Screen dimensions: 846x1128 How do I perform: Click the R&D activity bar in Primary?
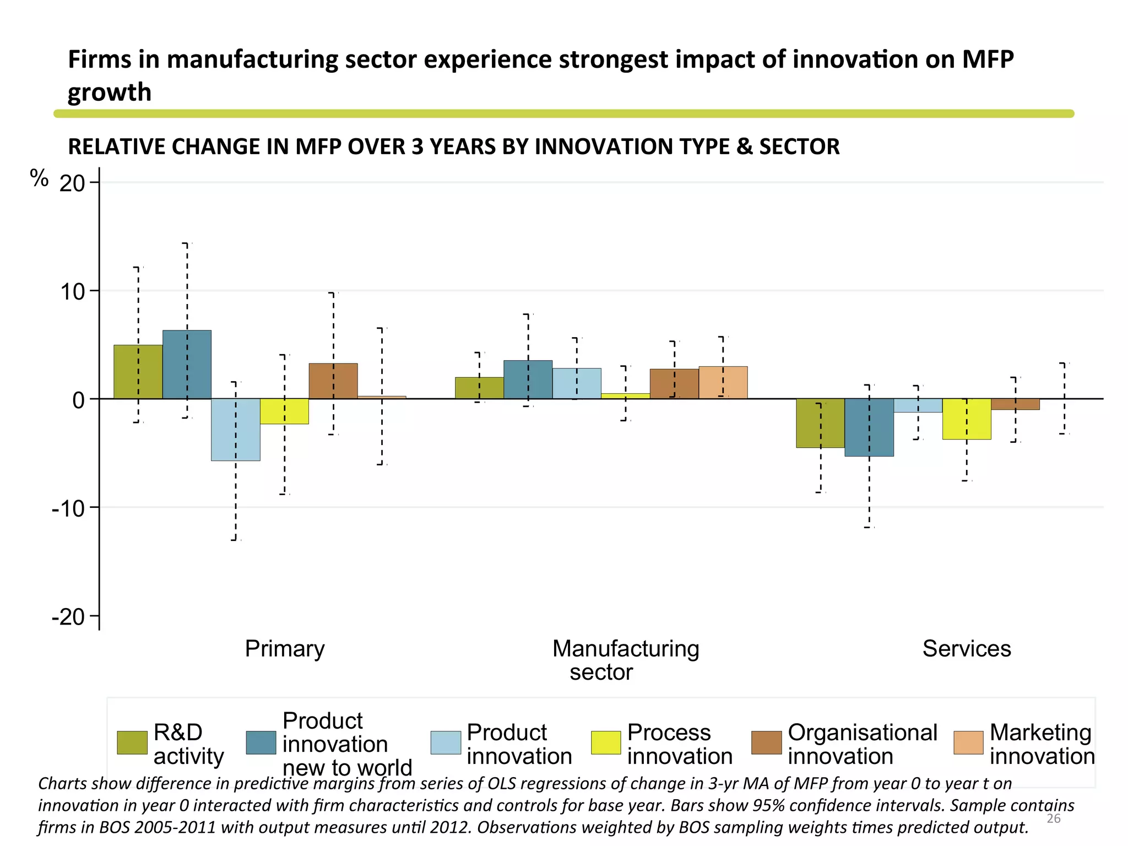pos(138,372)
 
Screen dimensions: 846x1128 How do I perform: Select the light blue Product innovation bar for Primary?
pos(236,430)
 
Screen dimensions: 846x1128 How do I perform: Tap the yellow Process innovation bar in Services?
pos(967,419)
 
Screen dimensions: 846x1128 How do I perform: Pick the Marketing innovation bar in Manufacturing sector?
pos(723,382)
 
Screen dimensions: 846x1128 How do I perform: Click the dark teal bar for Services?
pos(869,427)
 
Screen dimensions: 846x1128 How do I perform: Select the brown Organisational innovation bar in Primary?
pos(333,381)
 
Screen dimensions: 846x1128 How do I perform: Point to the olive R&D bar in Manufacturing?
pos(479,388)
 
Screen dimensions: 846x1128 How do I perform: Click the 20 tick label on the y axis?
pos(72,183)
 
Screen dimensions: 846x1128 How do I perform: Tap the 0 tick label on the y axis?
pos(78,400)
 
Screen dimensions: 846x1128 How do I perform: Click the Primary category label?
pos(285,649)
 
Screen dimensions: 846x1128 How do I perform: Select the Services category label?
pos(967,649)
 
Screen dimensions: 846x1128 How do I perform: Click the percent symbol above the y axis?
pos(39,178)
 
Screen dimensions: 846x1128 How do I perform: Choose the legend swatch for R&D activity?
pos(132,742)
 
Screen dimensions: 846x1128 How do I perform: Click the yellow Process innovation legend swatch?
pos(606,742)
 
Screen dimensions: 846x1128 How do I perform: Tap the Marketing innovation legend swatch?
pos(968,742)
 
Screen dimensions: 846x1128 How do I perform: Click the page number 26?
pos(1053,818)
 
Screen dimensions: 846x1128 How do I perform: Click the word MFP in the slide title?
pos(988,59)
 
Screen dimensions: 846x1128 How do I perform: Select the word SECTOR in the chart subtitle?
pos(799,147)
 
